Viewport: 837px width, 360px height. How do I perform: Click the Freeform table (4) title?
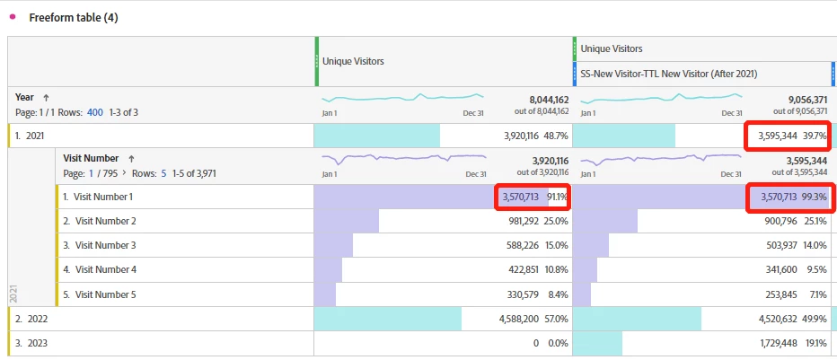73,18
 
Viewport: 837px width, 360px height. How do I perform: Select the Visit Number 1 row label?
103,197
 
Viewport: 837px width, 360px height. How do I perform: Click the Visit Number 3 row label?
105,245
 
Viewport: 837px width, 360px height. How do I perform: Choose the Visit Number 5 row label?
105,294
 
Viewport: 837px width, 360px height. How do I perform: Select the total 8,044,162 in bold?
542,100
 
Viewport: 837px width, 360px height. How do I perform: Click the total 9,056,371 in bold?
801,100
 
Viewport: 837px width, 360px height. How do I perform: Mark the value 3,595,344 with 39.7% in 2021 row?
772,136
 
